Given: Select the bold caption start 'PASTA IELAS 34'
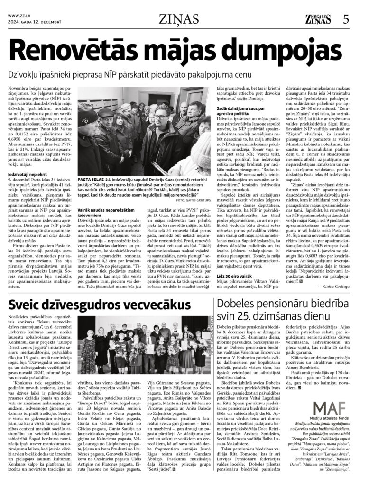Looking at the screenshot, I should (95, 180).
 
